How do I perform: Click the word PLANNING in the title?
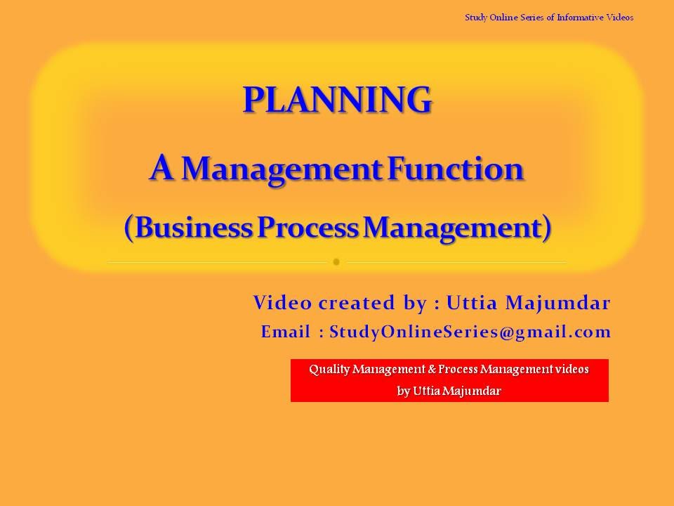click(x=337, y=100)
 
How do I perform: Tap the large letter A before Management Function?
click(x=161, y=168)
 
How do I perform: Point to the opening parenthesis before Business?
click(x=129, y=228)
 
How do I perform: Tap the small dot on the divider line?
click(x=336, y=262)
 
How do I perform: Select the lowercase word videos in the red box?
click(x=571, y=369)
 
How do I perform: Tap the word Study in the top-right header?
click(x=475, y=18)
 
